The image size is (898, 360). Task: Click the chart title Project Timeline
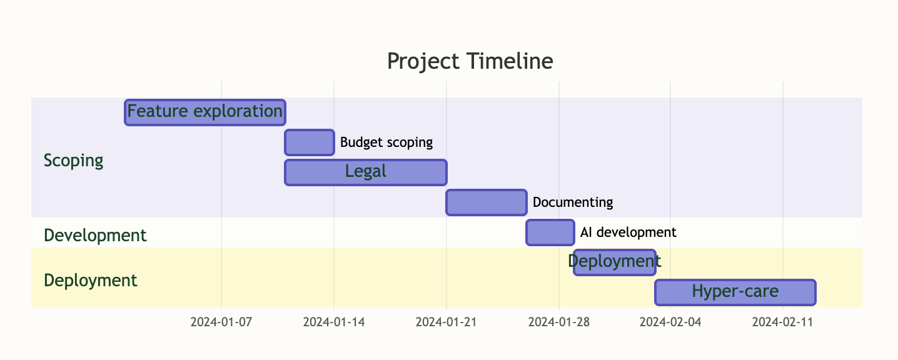[470, 61]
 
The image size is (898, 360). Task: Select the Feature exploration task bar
[205, 112]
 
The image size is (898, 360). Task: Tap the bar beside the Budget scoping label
[310, 142]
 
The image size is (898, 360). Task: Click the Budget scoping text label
[386, 142]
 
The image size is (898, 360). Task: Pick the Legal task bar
[366, 172]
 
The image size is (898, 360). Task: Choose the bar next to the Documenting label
[487, 202]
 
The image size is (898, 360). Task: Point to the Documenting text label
[573, 202]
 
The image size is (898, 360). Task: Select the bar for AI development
[550, 232]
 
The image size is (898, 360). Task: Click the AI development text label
[628, 232]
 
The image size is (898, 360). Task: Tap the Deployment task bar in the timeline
[615, 262]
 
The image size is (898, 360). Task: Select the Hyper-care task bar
[735, 292]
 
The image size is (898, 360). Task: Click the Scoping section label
[73, 161]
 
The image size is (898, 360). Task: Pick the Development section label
[95, 236]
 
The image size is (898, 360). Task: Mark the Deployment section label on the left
[91, 280]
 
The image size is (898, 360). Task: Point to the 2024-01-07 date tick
[221, 322]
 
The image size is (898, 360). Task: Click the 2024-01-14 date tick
[334, 322]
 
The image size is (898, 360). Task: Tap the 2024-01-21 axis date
[446, 322]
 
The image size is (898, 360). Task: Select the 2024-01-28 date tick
[559, 322]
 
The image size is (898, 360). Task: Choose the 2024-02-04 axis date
[670, 322]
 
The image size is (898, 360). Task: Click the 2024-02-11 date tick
[782, 322]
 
